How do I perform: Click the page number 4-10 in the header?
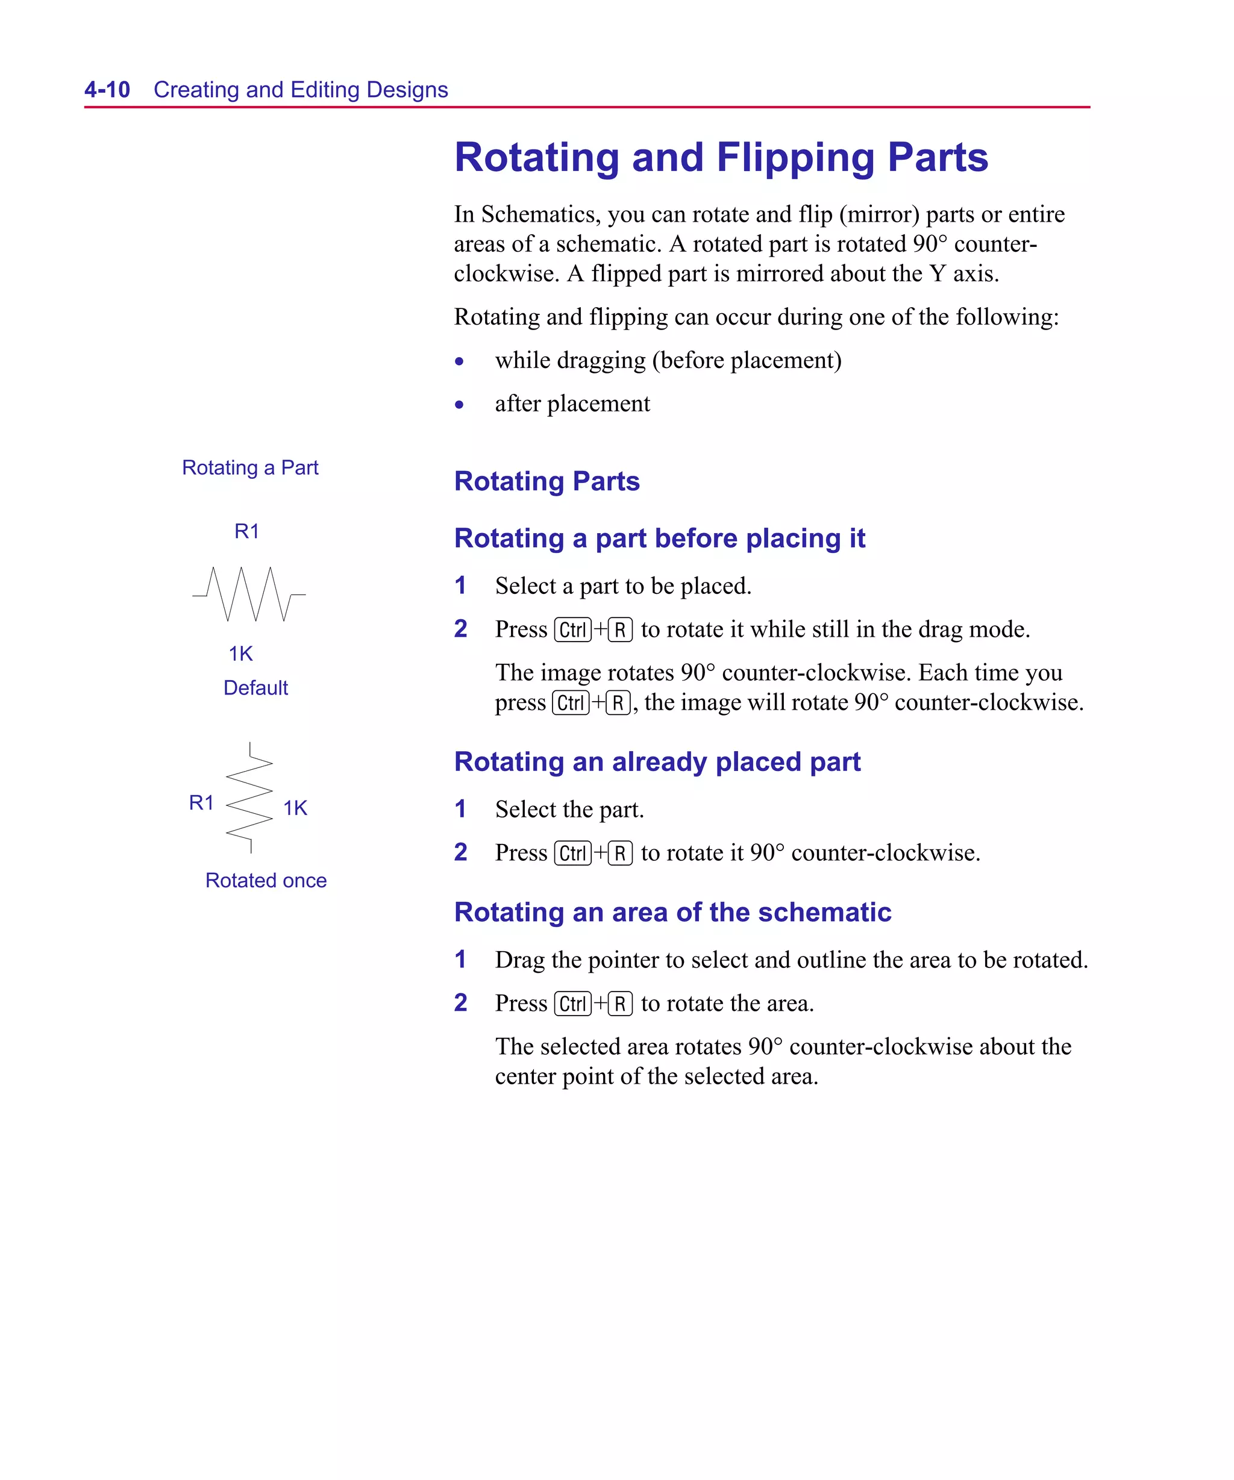tap(107, 90)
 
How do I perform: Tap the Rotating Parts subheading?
tap(547, 481)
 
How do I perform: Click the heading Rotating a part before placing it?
tap(659, 539)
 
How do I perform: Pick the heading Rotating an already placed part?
tap(657, 762)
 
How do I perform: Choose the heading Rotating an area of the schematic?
tap(672, 912)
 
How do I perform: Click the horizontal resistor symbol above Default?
tap(248, 594)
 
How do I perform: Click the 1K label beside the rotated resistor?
tap(295, 808)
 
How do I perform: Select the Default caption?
tap(255, 688)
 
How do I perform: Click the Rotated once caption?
tap(266, 880)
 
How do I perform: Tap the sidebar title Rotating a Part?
tap(250, 468)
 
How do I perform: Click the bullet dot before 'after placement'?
tap(460, 405)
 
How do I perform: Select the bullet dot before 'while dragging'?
tap(460, 361)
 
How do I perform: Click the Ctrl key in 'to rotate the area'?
tap(572, 1004)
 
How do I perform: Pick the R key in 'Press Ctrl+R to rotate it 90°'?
tap(620, 854)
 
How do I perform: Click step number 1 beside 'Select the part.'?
tap(460, 809)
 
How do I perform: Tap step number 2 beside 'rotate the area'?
tap(460, 1003)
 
